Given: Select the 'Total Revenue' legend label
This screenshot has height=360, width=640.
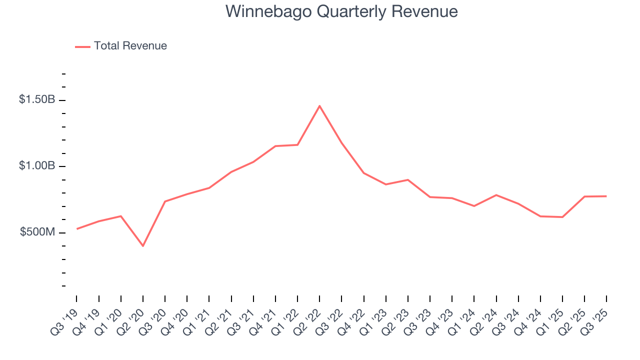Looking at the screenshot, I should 130,46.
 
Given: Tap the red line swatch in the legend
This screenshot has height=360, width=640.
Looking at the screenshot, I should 82,46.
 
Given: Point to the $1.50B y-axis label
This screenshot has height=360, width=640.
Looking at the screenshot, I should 37,99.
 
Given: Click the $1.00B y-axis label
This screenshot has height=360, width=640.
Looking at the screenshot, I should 37,165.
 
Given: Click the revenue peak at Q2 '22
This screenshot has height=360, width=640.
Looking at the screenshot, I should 319,106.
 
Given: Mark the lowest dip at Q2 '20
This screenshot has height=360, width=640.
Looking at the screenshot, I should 143,246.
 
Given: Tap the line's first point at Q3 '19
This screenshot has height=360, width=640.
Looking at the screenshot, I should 76,229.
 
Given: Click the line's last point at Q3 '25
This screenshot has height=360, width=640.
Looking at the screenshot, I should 606,196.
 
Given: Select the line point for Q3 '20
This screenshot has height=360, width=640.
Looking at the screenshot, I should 165,201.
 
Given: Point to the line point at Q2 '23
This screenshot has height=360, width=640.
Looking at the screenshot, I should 408,179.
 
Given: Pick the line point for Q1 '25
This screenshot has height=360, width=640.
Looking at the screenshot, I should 562,217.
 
